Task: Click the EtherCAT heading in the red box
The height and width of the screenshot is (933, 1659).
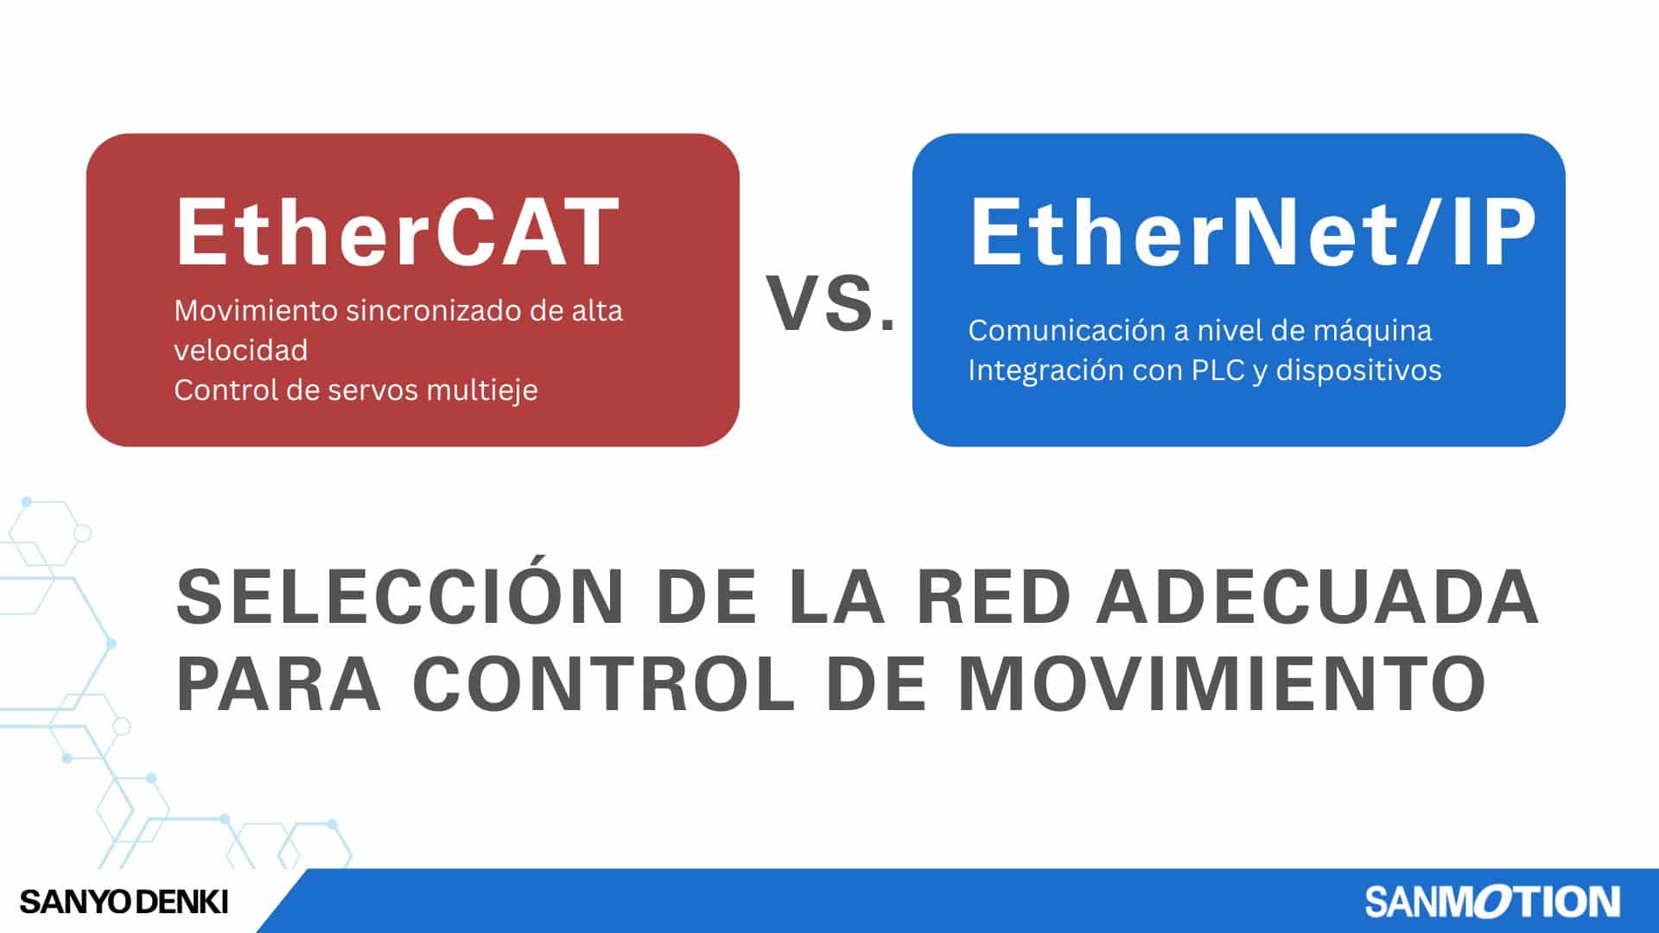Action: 397,232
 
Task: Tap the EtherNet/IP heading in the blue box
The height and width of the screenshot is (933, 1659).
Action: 1253,232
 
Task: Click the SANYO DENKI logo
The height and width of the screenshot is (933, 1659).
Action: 124,903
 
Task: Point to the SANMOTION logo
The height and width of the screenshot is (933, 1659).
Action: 1492,902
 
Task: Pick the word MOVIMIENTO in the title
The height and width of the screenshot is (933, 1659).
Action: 1222,683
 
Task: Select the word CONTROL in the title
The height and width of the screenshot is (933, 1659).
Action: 603,683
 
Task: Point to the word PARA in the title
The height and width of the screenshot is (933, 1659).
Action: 279,683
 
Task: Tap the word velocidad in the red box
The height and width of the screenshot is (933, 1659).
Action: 241,350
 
